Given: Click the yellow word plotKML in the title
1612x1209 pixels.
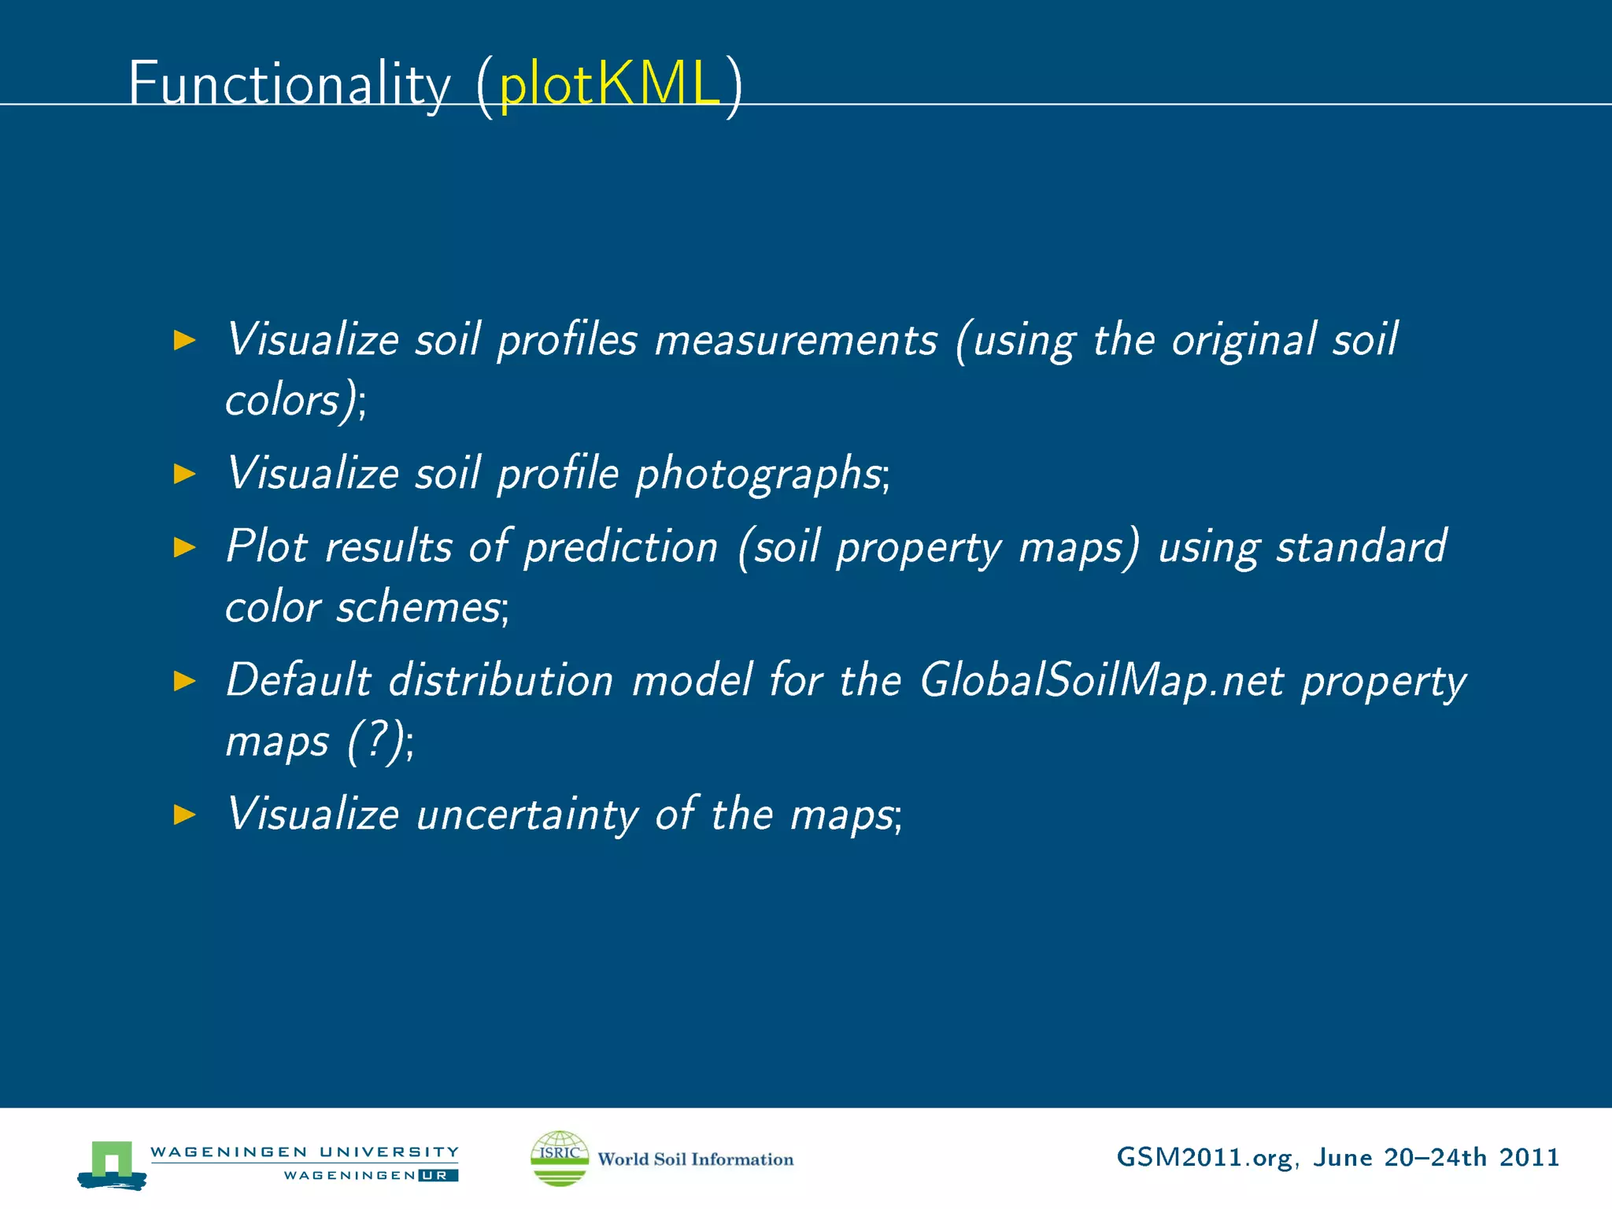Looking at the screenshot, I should pyautogui.click(x=610, y=83).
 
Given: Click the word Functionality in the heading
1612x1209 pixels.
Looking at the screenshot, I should pyautogui.click(x=289, y=83).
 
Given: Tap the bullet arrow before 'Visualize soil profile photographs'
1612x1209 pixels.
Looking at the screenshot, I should pyautogui.click(x=184, y=474).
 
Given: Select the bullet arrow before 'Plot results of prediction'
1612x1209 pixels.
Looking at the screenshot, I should pyautogui.click(x=184, y=547).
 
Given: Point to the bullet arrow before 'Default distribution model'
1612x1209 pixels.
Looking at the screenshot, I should pyautogui.click(x=184, y=681).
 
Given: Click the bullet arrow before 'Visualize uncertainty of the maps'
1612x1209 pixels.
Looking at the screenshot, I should pyautogui.click(x=184, y=815).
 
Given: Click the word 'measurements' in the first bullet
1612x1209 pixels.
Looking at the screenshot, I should pyautogui.click(x=796, y=342).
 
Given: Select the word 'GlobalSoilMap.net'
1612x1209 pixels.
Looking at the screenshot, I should pyautogui.click(x=1102, y=681).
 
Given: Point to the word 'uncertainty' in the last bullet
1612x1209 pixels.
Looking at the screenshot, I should pyautogui.click(x=527, y=815).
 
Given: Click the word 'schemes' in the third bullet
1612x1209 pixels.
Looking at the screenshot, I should pyautogui.click(x=418, y=608).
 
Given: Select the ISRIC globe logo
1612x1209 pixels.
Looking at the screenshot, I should pyautogui.click(x=559, y=1158).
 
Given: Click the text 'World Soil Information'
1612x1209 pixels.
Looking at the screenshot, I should pyautogui.click(x=696, y=1159).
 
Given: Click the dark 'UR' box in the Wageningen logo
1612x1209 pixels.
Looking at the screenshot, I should pyautogui.click(x=438, y=1176).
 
